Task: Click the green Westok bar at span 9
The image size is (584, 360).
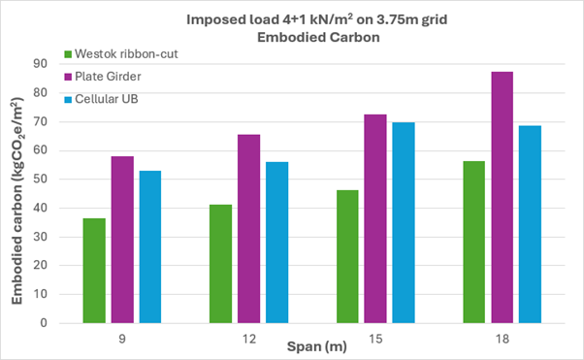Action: [x=94, y=271]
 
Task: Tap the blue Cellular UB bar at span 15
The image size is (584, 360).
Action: [x=403, y=222]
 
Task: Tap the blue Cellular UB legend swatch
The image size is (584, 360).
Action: [x=69, y=98]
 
